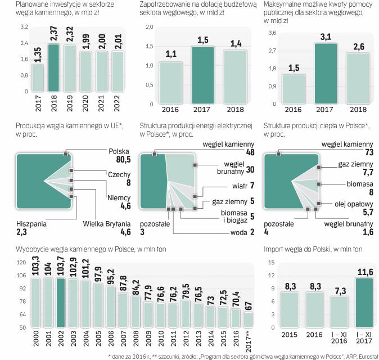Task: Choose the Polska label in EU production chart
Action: coord(119,151)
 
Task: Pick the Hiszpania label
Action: coord(31,224)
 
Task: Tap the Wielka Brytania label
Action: coord(109,224)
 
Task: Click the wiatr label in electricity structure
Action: coord(239,185)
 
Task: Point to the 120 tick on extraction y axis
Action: coord(21,263)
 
